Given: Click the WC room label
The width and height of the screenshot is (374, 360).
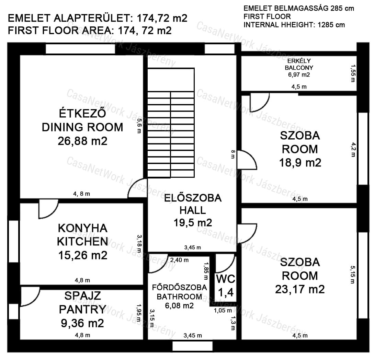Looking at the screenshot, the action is pos(226,279).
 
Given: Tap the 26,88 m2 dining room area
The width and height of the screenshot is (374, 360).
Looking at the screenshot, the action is pos(82,141).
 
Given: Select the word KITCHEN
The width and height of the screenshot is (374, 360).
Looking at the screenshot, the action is pos(82,242).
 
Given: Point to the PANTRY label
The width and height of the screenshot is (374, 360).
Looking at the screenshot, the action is pos(82,310).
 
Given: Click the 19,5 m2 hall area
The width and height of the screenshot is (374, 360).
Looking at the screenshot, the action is pos(193,223).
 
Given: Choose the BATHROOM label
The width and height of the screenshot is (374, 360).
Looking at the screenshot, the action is pos(179,297).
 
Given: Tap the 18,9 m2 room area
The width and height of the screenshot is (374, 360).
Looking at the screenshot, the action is pos(300,163).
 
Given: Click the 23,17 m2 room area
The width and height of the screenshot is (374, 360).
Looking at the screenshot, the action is pos(300,289).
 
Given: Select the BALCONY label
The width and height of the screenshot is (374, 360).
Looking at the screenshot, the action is pos(299,68).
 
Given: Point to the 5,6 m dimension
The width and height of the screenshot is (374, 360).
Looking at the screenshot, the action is pos(139,126).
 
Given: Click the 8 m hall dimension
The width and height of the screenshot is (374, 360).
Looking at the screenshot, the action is pos(233,154).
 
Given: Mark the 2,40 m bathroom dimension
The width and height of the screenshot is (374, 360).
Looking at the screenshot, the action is pos(179,260).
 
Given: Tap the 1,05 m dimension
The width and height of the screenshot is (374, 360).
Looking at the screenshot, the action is pos(223,311).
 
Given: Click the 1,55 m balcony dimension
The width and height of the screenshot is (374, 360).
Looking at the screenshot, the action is pos(353,74).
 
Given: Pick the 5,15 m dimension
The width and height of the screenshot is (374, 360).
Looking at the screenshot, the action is pos(353,275).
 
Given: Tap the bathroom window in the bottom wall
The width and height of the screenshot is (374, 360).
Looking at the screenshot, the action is pos(192,346).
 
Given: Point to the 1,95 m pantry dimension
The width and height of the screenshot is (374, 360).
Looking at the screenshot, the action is pos(139,312).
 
